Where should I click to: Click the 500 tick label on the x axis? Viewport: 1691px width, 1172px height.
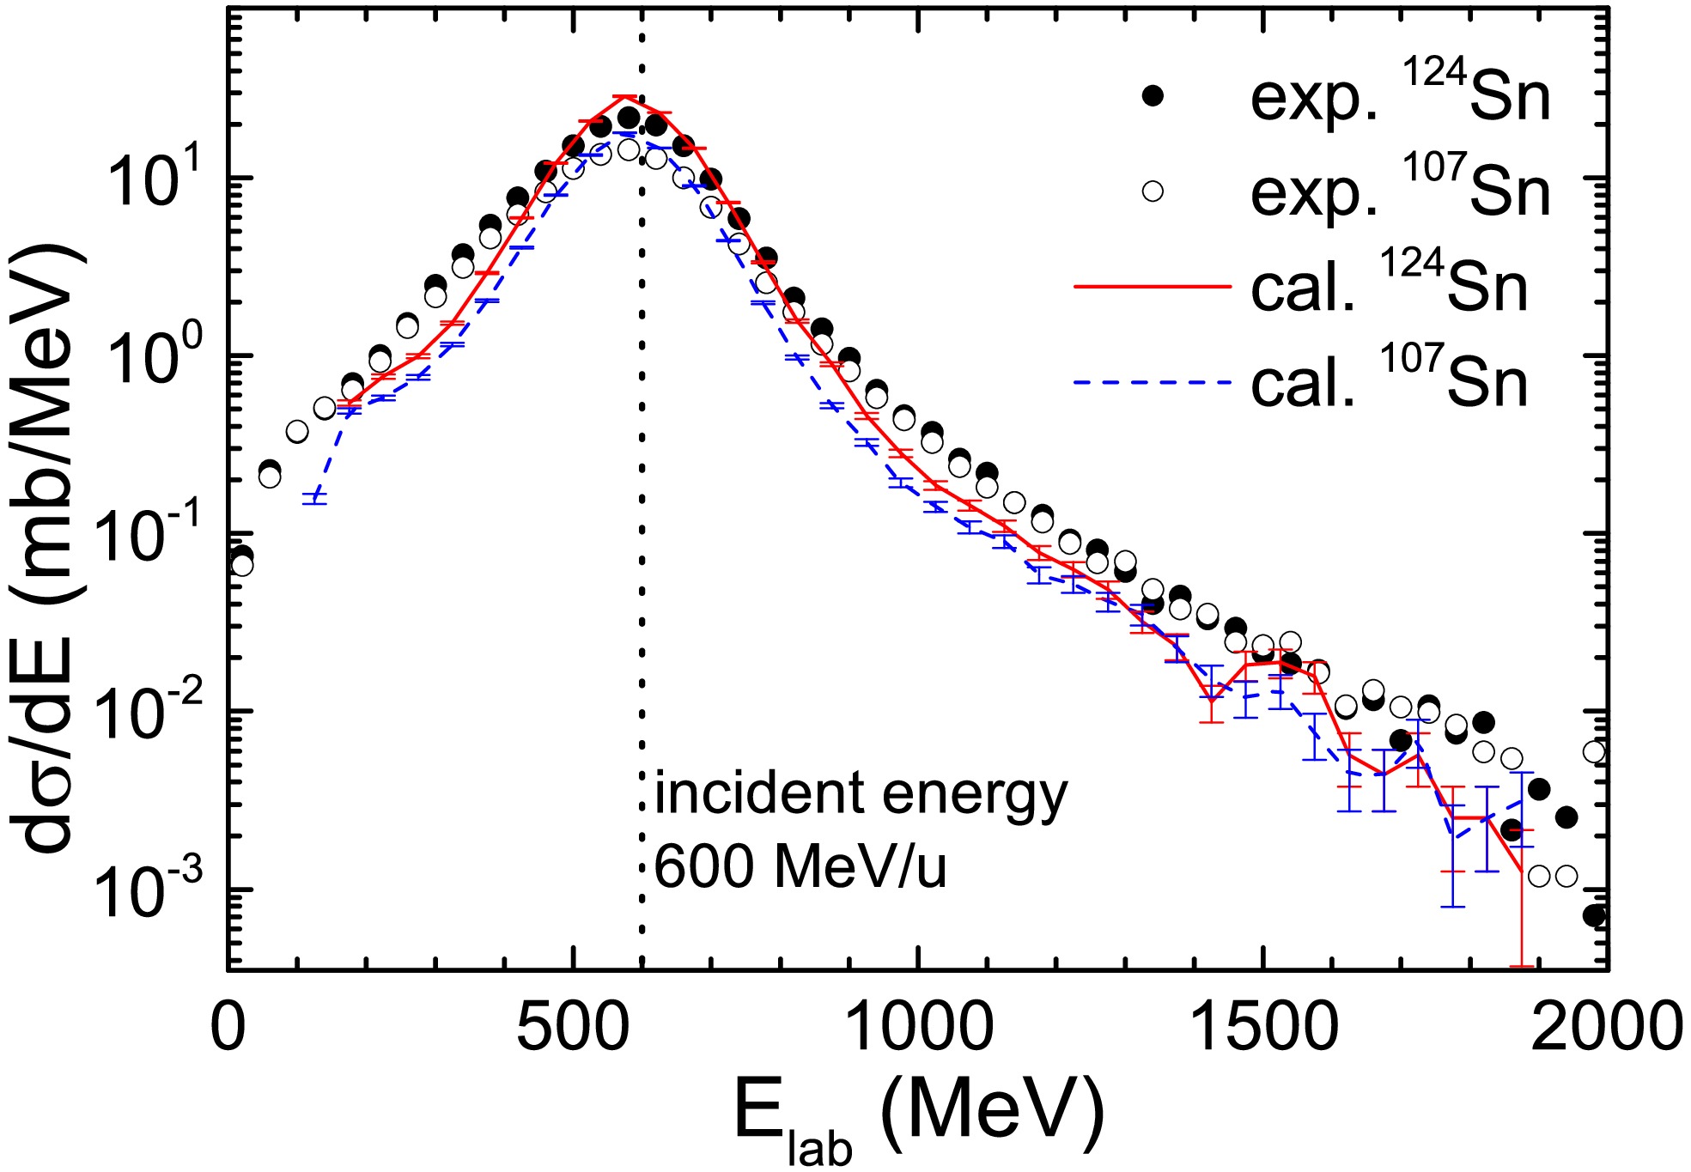pos(572,1026)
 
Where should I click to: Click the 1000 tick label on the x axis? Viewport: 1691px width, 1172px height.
pos(919,1026)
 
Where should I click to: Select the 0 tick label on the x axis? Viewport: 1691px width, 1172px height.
pos(228,1026)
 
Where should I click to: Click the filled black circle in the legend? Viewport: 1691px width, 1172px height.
pos(1153,96)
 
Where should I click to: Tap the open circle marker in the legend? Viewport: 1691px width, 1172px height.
pos(1153,191)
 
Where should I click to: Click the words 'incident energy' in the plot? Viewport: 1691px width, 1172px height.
pos(861,794)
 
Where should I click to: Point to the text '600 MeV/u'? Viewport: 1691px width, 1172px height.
pos(800,867)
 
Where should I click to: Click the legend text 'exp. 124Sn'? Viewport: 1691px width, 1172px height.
pos(1400,96)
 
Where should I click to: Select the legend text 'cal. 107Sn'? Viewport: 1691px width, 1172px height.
pos(1390,381)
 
